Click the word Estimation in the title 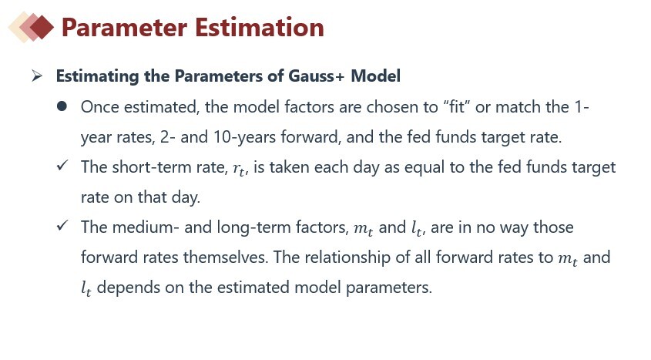pyautogui.click(x=259, y=28)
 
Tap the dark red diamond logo pyautogui.click(x=42, y=28)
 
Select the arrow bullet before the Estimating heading pyautogui.click(x=37, y=76)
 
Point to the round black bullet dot pyautogui.click(x=62, y=106)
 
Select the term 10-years pyautogui.click(x=244, y=137)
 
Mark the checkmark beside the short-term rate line pyautogui.click(x=62, y=165)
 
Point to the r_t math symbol pyautogui.click(x=240, y=169)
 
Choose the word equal pyautogui.click(x=424, y=168)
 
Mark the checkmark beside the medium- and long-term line pyautogui.click(x=62, y=225)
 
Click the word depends pyautogui.click(x=129, y=288)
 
